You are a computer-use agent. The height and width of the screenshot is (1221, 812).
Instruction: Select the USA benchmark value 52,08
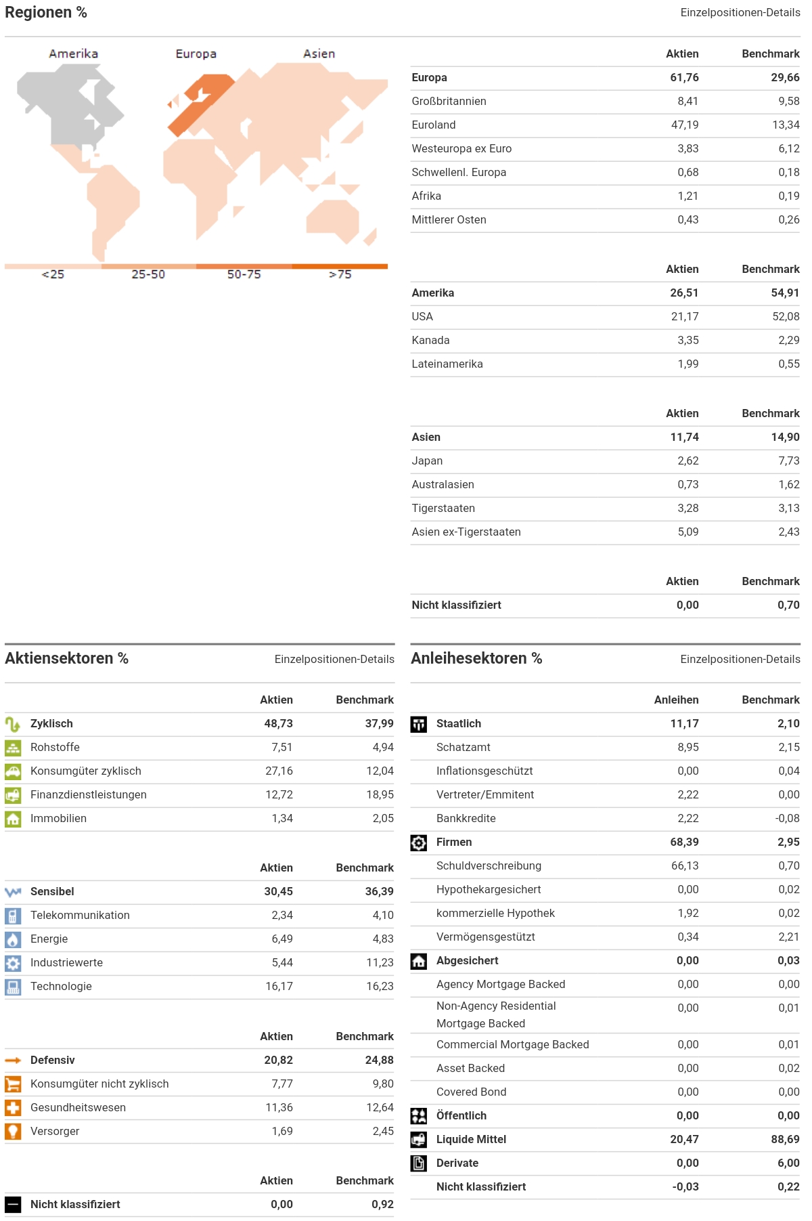coord(786,317)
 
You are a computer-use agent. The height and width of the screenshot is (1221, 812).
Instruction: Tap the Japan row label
coord(427,461)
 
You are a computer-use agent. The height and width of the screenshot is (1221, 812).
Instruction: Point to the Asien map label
coord(319,54)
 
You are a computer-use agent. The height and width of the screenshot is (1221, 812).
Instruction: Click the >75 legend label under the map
coord(340,274)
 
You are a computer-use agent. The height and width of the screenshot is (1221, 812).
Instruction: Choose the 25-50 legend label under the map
coord(148,274)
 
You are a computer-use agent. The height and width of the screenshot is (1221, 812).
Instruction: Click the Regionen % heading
coord(46,13)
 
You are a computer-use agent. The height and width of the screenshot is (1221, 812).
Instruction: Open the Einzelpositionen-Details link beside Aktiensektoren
coord(334,660)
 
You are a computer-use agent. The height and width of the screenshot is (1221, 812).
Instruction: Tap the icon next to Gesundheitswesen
coord(13,1108)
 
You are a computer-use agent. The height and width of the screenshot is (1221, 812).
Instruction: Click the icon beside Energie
coord(13,939)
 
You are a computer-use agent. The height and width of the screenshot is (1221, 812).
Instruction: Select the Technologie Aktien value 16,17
coord(279,987)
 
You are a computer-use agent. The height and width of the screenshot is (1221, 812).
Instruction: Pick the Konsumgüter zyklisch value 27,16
coord(279,771)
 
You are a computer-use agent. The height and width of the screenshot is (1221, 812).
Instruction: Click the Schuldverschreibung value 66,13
coord(685,866)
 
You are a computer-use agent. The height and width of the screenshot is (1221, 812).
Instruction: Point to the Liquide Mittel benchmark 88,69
coord(785,1140)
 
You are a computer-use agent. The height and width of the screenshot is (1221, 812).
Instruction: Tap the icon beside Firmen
coord(419,842)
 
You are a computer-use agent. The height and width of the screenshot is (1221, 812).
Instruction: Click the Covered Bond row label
coord(471,1092)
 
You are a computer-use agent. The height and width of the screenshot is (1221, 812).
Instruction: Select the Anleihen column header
coord(676,700)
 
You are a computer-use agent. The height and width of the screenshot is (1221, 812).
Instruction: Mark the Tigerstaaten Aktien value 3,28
coord(688,509)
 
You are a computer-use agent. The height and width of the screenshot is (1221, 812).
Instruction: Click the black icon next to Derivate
coord(419,1163)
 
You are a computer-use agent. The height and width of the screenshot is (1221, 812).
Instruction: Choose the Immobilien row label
coord(58,819)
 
